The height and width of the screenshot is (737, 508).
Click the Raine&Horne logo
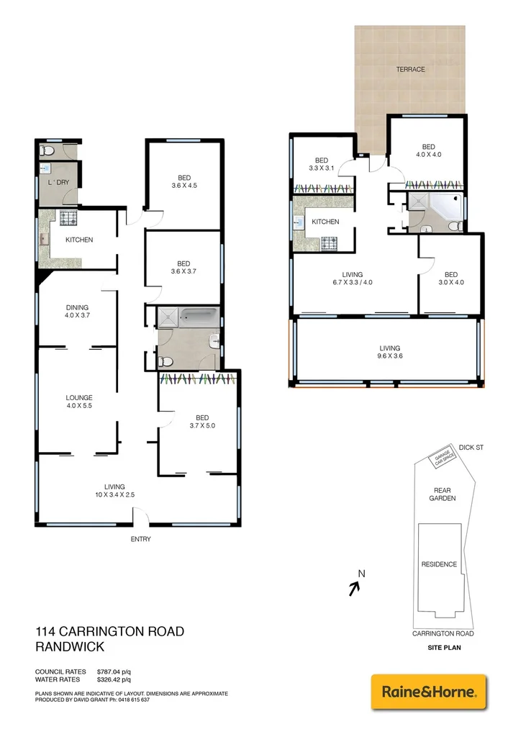click(x=428, y=692)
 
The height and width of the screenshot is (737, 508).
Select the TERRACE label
click(x=410, y=70)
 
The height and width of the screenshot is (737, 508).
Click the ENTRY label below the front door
click(x=140, y=539)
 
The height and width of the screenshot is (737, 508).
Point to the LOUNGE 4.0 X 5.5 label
click(x=79, y=402)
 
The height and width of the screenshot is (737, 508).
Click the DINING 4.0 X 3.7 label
click(x=77, y=312)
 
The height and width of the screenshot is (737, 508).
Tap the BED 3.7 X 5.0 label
click(x=202, y=422)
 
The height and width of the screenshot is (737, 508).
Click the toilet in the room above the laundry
click(x=47, y=151)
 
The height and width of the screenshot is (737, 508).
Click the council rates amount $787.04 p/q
click(x=114, y=672)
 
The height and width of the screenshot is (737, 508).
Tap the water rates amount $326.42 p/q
click(x=114, y=679)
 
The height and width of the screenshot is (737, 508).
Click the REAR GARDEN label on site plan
click(x=442, y=494)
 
